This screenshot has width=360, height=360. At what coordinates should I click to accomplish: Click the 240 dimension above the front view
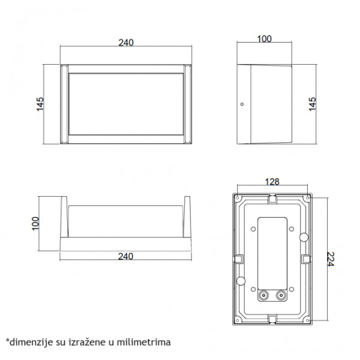[x=126, y=43]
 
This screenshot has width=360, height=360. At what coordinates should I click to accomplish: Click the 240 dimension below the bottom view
[x=125, y=256]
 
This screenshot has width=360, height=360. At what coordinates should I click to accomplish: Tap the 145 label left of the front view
[x=40, y=104]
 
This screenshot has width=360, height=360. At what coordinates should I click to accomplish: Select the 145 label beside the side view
[x=313, y=104]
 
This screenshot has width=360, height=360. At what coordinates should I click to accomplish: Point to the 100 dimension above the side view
[x=264, y=39]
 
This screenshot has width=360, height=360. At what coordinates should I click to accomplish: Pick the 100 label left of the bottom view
[x=35, y=223]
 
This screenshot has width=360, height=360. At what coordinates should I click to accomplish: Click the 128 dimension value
[x=272, y=182]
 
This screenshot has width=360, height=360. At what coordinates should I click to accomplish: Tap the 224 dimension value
[x=331, y=259]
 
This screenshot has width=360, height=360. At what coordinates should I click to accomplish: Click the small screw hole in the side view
[x=242, y=104]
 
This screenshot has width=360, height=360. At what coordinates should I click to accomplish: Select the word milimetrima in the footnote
[x=144, y=342]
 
